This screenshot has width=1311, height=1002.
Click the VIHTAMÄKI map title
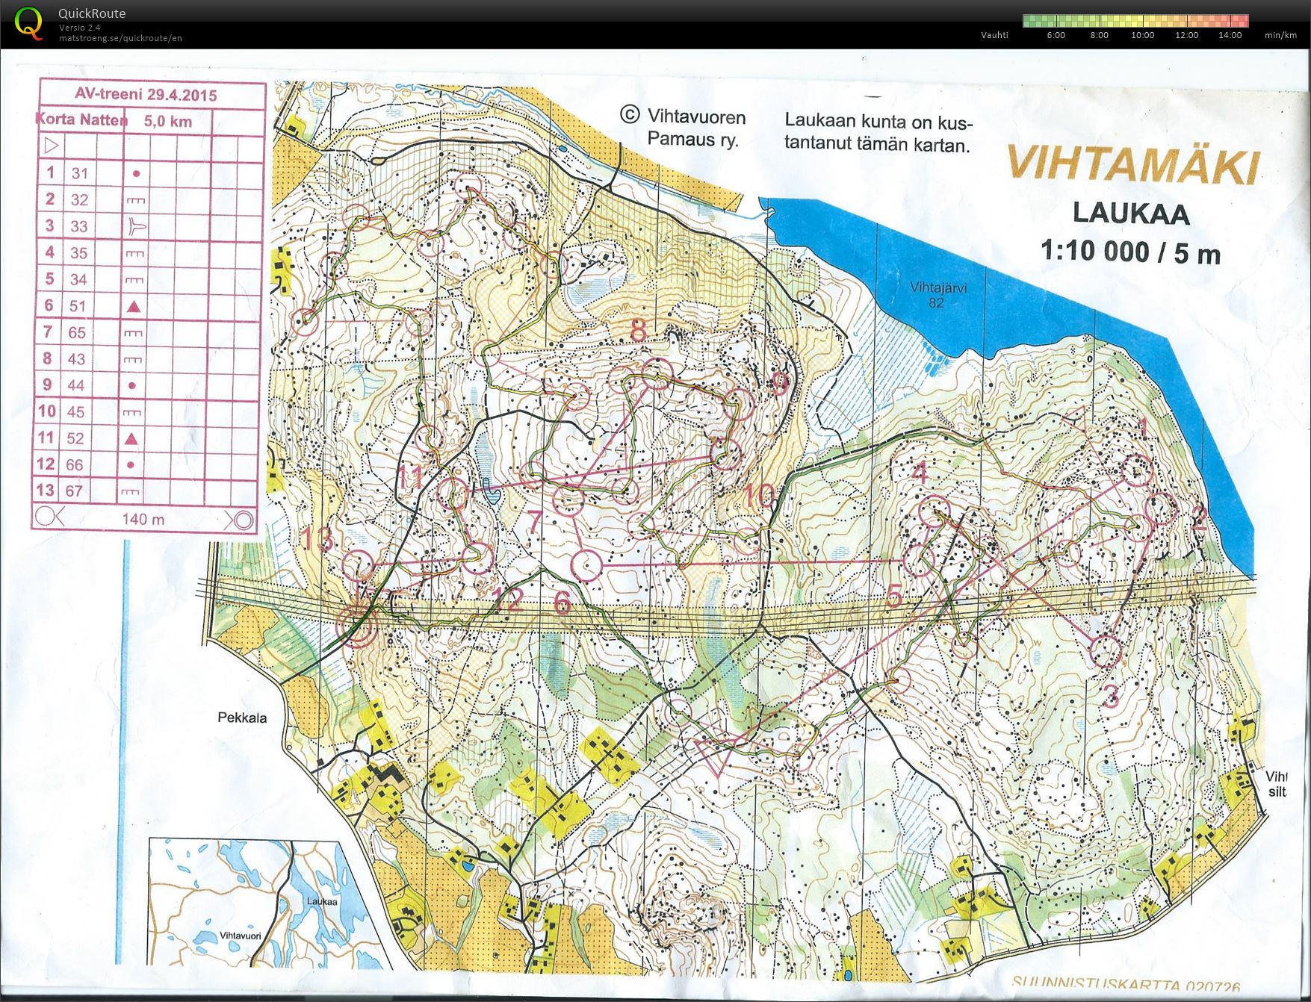click(x=1132, y=165)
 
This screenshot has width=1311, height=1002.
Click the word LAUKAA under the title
click(x=1130, y=214)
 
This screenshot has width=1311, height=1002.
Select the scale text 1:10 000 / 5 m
click(x=1130, y=252)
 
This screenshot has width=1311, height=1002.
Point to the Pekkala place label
click(x=241, y=718)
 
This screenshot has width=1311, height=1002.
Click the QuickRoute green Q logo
click(x=28, y=22)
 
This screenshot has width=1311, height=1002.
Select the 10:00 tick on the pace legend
click(x=1142, y=35)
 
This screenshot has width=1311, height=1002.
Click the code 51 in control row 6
click(x=78, y=305)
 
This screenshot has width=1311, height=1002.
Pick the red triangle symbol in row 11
click(x=132, y=438)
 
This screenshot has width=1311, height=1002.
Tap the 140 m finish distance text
click(x=143, y=519)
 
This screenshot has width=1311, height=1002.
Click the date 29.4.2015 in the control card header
click(x=182, y=95)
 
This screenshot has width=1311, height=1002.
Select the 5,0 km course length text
click(x=168, y=121)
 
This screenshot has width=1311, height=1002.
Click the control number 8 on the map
click(x=638, y=329)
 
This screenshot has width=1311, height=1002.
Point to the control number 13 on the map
click(x=319, y=538)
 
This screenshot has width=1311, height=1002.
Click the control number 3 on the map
click(x=1111, y=697)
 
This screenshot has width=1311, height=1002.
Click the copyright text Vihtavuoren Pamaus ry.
click(x=683, y=128)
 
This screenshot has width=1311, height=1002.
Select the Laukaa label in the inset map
click(x=321, y=901)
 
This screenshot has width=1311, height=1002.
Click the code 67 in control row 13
click(x=74, y=491)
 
